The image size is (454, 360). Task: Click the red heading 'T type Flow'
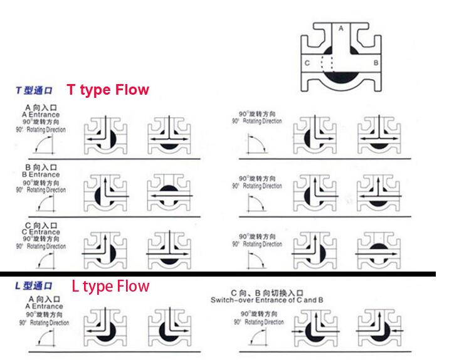108,90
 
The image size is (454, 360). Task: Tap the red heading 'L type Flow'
110,287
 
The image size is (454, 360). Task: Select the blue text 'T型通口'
34,91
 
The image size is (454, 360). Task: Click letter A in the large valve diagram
340,29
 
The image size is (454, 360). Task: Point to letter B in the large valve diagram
376,63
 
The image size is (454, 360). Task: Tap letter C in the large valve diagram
307,63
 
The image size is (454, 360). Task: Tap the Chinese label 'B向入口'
41,167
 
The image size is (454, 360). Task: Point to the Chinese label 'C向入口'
41,225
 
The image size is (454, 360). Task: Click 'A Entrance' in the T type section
41,115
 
